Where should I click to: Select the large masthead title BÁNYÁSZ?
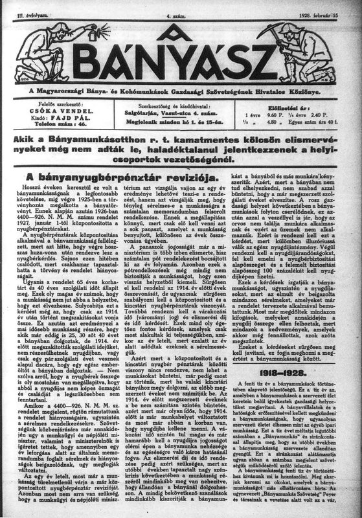(x=181, y=62)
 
